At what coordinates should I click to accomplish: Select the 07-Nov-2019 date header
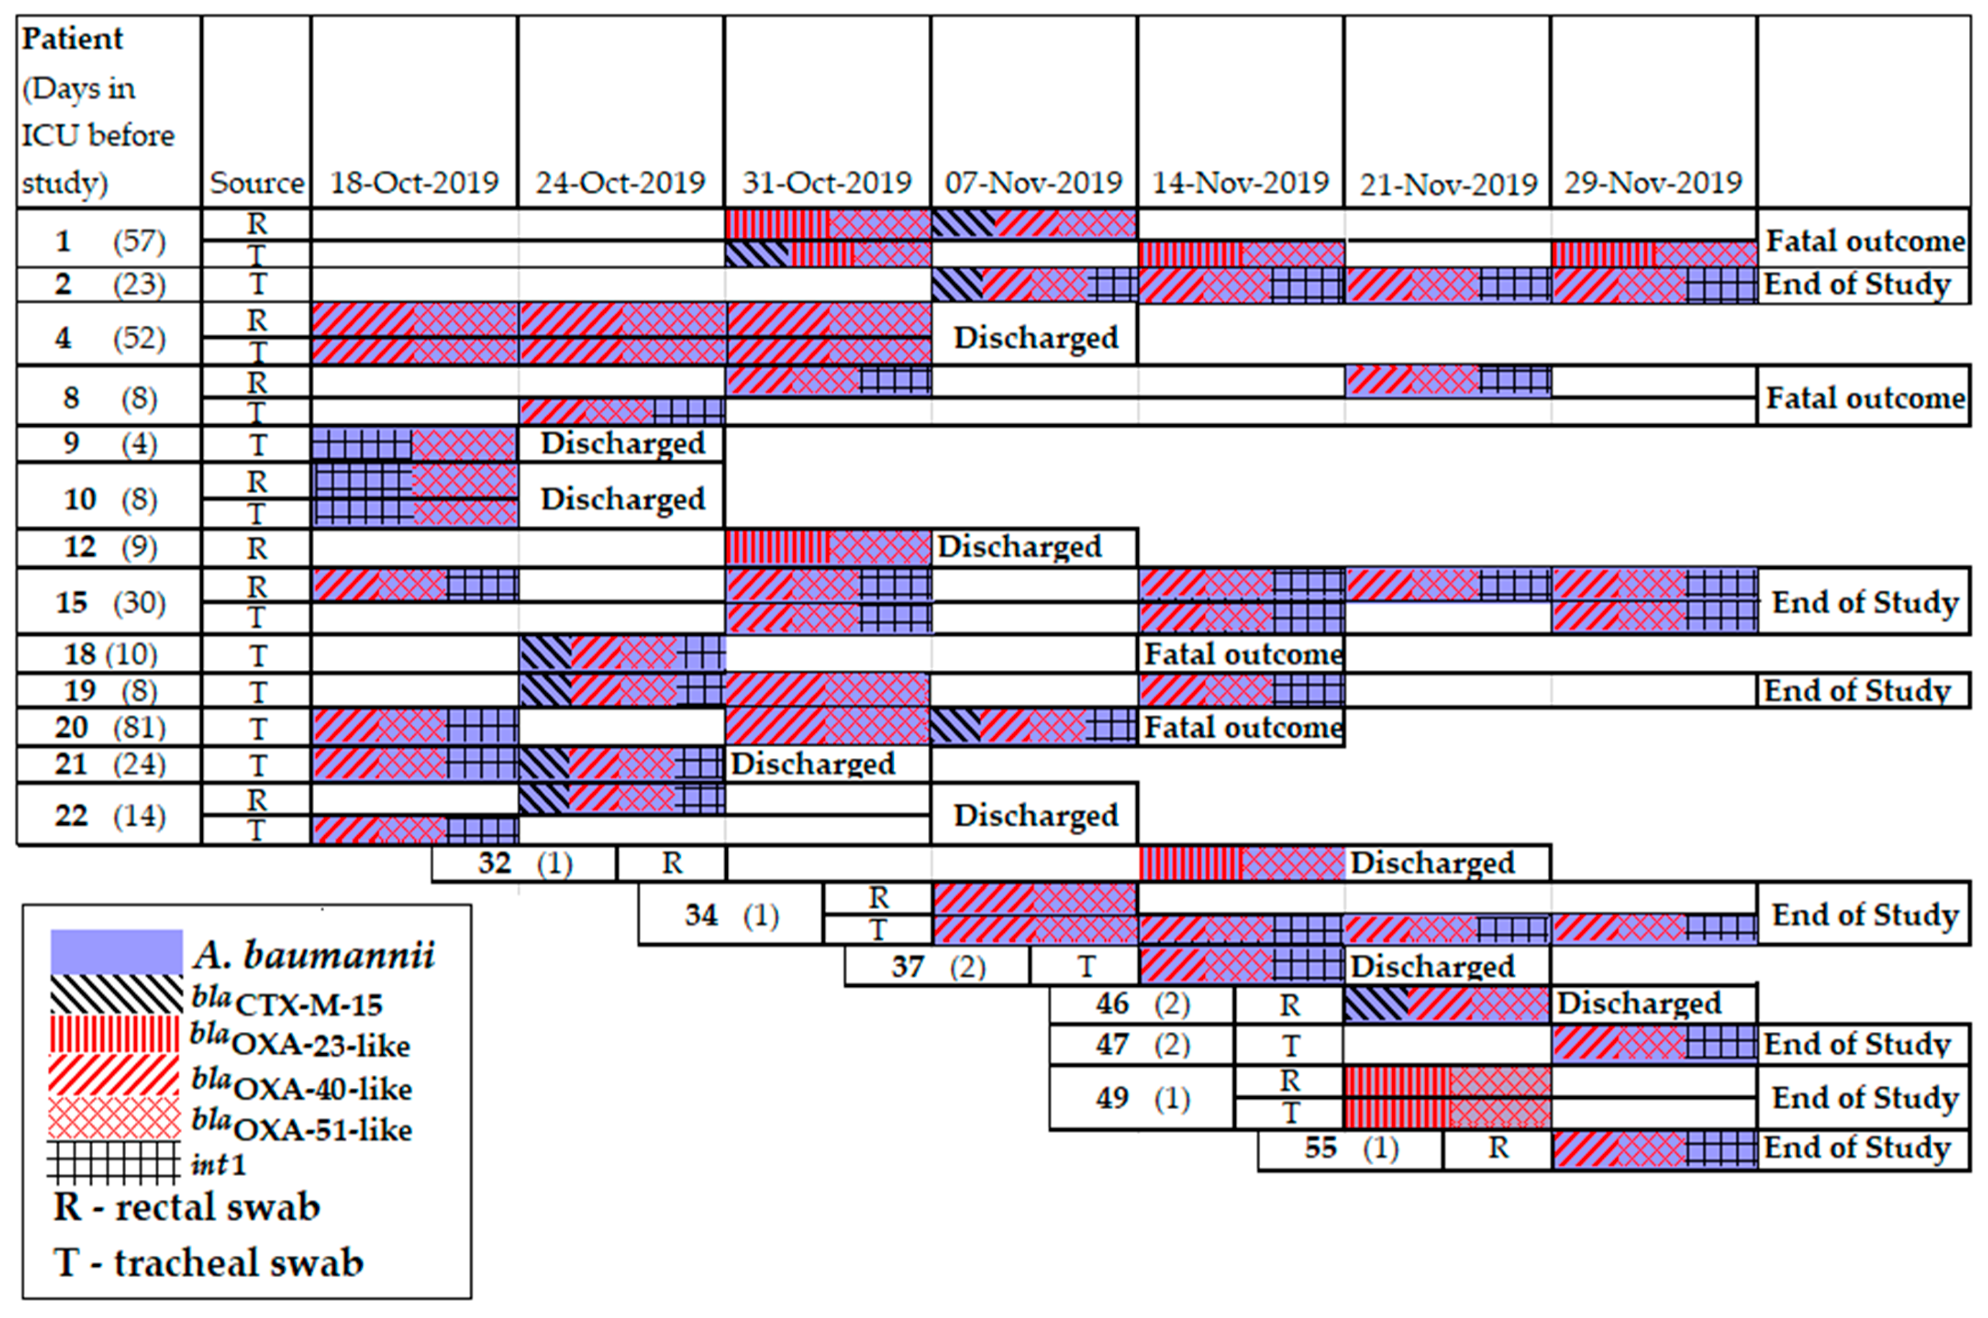tap(1034, 183)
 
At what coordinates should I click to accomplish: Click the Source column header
tap(256, 183)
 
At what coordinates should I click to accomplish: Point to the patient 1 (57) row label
tap(109, 241)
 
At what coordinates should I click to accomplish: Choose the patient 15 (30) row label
tap(109, 602)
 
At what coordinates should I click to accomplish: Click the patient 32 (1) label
tap(524, 863)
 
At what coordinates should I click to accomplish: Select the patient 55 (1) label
tap(1350, 1148)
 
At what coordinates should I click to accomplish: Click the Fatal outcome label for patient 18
tap(1242, 654)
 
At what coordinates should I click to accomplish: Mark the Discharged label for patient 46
tap(1639, 1003)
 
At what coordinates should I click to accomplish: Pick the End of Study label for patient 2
tap(1857, 284)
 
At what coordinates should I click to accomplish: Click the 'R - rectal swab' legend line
tap(187, 1207)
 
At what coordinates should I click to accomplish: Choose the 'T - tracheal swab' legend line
tap(208, 1262)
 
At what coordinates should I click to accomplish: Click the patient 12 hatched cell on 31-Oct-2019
tap(828, 547)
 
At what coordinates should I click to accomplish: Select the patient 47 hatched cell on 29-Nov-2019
tap(1654, 1044)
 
